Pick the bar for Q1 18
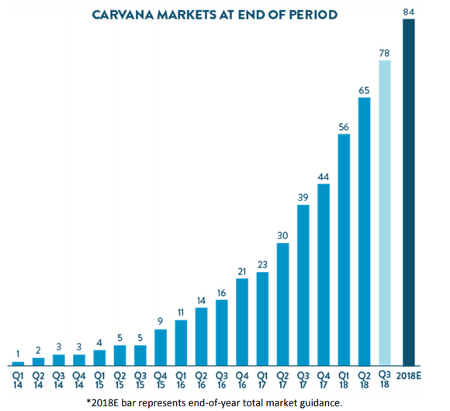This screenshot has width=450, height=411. coord(344,249)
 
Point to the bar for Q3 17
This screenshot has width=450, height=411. coord(303,284)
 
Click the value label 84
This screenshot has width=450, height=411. coord(409,11)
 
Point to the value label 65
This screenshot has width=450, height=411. coord(364,89)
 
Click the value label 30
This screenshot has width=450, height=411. coord(282,235)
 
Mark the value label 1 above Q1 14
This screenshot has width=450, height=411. coord(18,354)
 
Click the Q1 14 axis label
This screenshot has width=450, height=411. coord(18,378)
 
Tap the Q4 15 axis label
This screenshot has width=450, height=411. coord(161,378)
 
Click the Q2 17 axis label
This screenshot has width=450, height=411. coord(282,378)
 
